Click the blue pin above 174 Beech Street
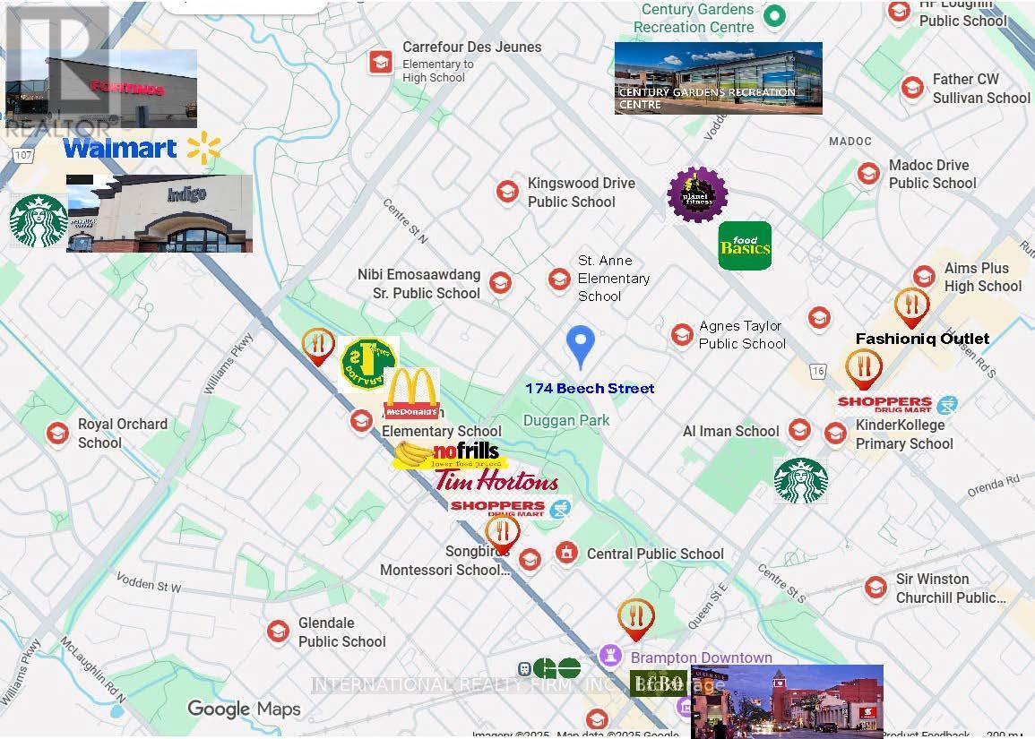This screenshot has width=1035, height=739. (581, 345)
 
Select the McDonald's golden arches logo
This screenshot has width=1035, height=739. (411, 393)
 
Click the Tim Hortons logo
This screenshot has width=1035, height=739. (496, 480)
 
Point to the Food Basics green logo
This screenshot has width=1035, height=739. (745, 245)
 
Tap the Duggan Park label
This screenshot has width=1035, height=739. (566, 420)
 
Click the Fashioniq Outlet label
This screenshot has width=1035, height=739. (922, 339)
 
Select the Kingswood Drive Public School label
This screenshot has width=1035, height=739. (581, 193)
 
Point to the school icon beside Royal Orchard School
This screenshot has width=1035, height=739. (58, 434)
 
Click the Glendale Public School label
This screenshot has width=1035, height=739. (341, 632)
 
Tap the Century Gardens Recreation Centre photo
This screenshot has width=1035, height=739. (718, 78)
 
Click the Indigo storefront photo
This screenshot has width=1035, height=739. (160, 213)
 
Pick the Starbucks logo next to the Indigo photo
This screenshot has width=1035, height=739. (39, 220)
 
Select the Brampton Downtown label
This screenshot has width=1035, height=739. (701, 657)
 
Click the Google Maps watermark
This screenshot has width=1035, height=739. (244, 709)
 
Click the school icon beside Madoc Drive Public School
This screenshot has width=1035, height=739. (867, 174)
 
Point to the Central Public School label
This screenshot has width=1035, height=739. (655, 554)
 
